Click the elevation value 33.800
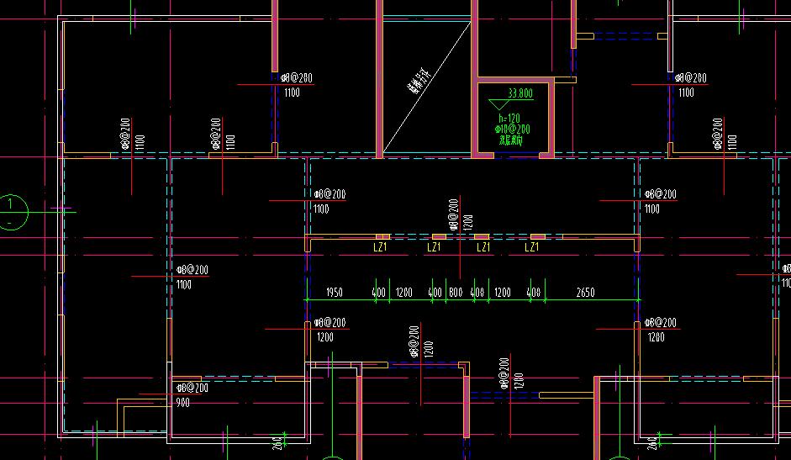(520, 93)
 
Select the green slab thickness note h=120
(509, 119)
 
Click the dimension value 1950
(334, 293)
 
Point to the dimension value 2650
(585, 293)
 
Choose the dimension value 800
(456, 293)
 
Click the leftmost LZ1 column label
(380, 247)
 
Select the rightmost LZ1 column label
(531, 247)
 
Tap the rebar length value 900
(182, 403)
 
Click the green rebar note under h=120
(513, 130)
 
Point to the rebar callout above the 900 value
(192, 388)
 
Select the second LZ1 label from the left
(434, 247)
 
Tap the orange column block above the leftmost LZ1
(382, 237)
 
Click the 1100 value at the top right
(686, 93)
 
